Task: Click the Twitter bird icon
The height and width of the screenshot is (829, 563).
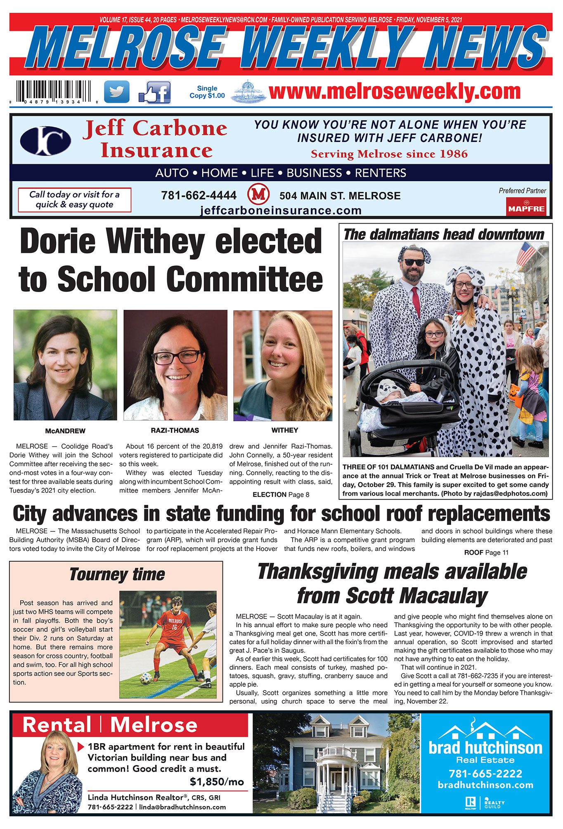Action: tap(116, 92)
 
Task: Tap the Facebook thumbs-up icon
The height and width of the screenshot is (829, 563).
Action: tap(155, 92)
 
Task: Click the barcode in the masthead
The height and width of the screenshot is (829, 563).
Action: tap(54, 91)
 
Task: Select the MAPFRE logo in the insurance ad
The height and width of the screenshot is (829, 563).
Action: tap(526, 207)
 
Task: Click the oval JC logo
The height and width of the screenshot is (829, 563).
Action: tap(45, 141)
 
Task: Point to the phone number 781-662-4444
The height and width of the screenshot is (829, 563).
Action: tap(199, 195)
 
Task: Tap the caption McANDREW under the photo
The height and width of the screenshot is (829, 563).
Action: tap(65, 431)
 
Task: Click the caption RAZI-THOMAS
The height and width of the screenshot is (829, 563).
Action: tap(175, 430)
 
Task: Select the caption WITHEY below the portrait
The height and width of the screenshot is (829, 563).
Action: tap(285, 430)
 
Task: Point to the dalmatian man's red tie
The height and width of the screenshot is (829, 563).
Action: tap(416, 301)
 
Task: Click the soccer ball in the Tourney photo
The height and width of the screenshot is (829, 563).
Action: tap(146, 678)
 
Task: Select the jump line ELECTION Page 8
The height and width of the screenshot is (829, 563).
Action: tap(281, 494)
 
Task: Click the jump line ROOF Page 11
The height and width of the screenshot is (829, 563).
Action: tap(486, 553)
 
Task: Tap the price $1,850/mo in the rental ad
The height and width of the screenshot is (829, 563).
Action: tap(217, 782)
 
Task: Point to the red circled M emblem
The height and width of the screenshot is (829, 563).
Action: tap(258, 194)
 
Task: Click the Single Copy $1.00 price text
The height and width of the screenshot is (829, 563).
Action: tap(207, 92)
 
